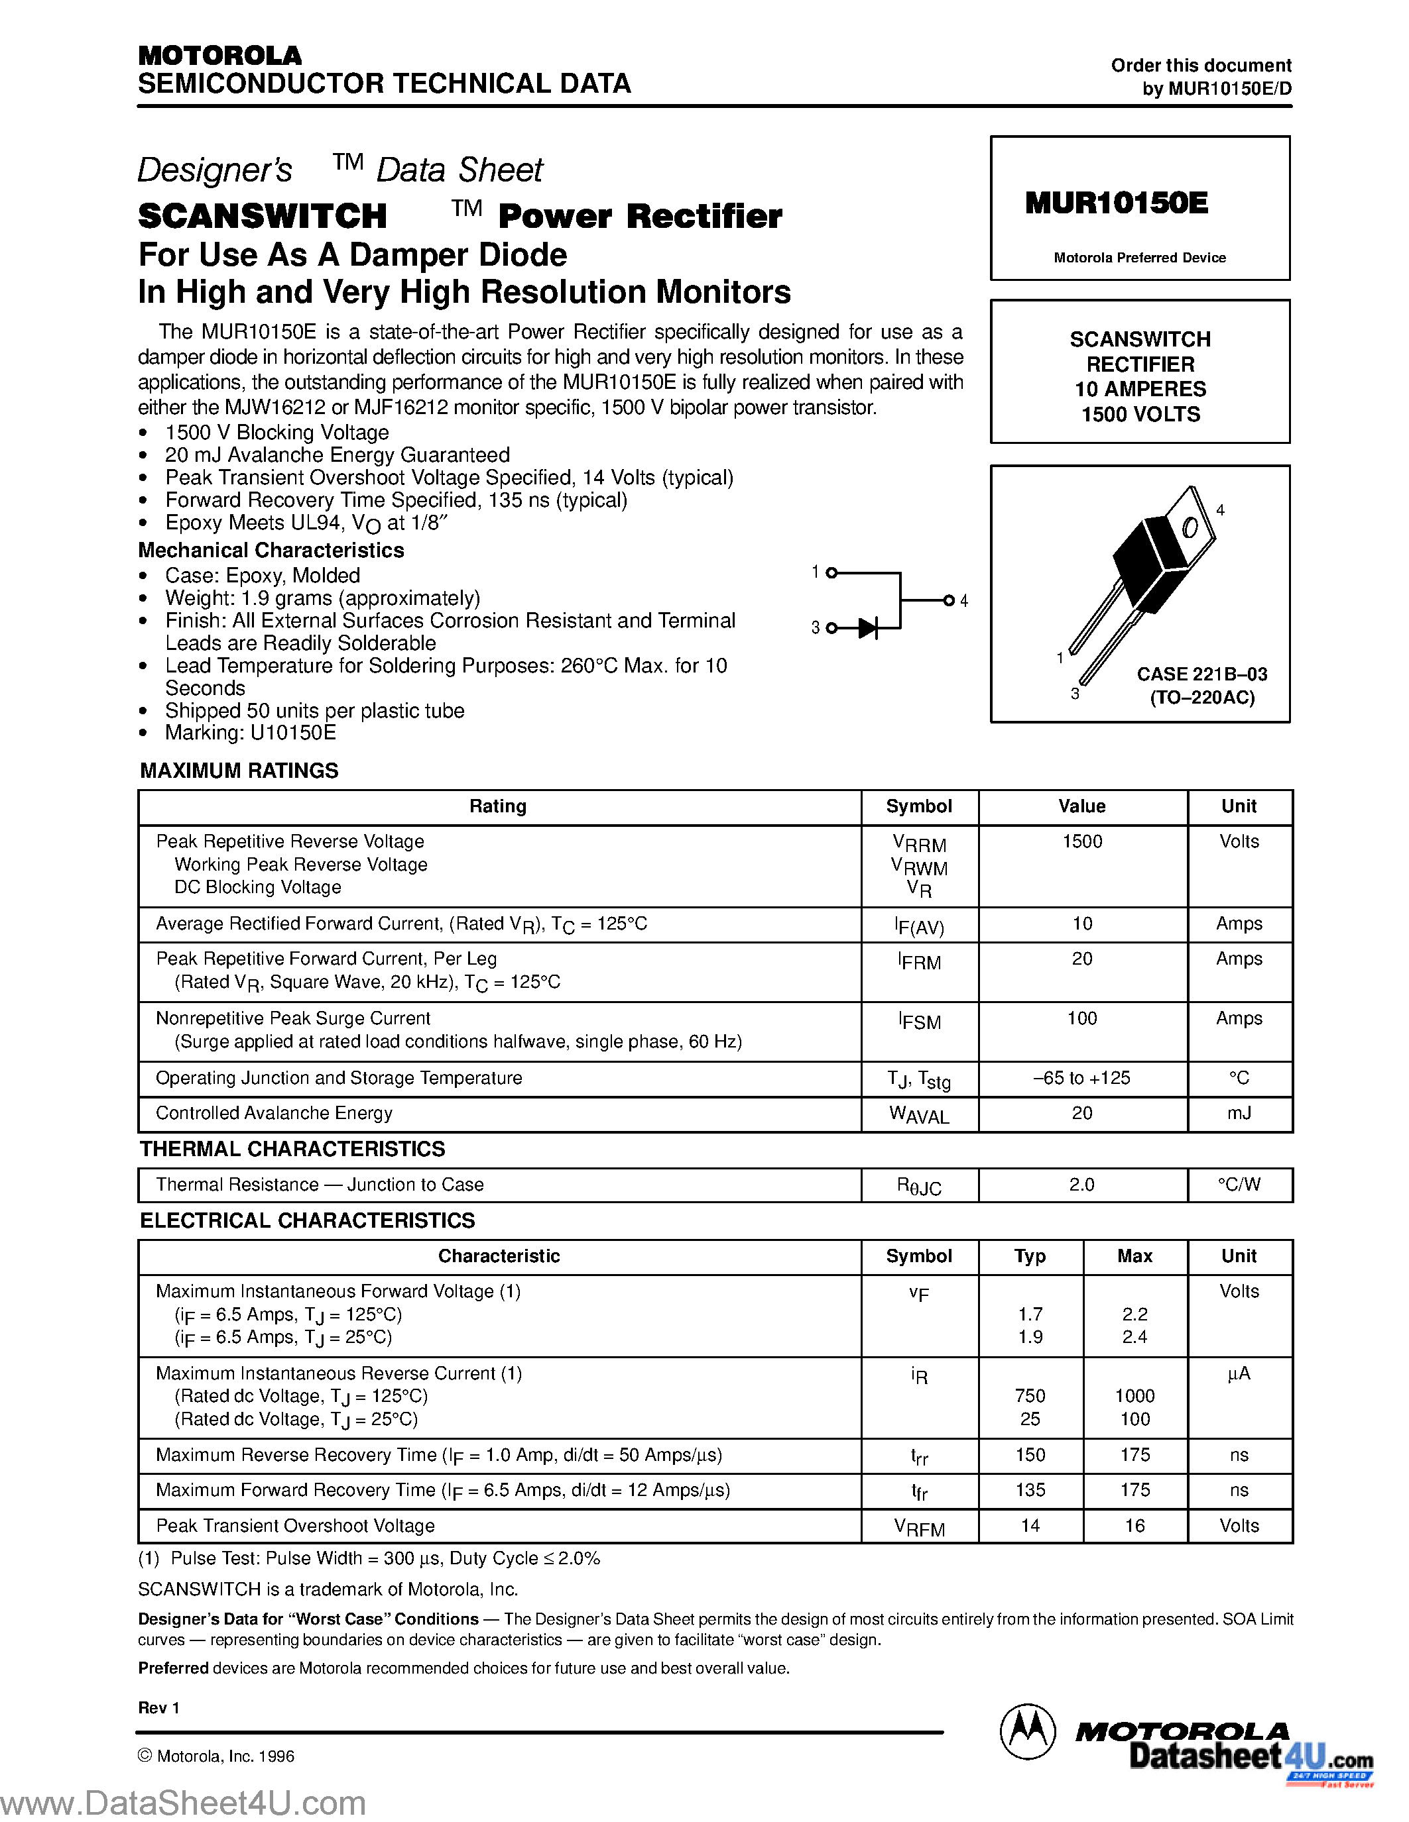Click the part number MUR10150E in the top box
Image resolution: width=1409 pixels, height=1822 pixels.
(x=1116, y=203)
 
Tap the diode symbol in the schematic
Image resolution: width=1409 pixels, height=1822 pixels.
(x=868, y=628)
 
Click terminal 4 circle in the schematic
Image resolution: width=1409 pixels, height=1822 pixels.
(x=948, y=600)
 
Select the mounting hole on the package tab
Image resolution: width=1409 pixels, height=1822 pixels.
(x=1190, y=527)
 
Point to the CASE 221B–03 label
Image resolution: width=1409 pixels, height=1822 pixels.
(x=1201, y=674)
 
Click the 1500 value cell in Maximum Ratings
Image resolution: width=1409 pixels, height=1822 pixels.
(x=1082, y=841)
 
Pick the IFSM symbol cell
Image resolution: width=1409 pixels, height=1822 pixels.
(x=919, y=1020)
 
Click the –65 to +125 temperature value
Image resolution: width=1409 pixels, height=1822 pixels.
(x=1082, y=1078)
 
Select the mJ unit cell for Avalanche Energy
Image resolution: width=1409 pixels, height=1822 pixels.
(x=1239, y=1113)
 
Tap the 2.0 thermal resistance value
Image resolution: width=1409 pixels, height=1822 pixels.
(x=1082, y=1185)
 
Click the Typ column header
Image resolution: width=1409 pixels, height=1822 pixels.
(x=1030, y=1256)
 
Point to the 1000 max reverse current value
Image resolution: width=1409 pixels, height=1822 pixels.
(x=1134, y=1396)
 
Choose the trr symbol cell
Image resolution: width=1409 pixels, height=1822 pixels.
(x=919, y=1456)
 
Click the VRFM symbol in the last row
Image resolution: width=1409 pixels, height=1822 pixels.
(x=919, y=1528)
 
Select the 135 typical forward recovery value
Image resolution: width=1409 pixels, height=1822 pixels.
(x=1030, y=1490)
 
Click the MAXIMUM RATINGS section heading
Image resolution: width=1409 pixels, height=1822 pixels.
(x=239, y=770)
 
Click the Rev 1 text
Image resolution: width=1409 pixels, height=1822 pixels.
(x=158, y=1707)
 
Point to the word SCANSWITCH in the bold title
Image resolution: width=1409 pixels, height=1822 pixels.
(x=262, y=216)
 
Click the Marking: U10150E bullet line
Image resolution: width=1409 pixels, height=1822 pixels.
(x=251, y=733)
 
